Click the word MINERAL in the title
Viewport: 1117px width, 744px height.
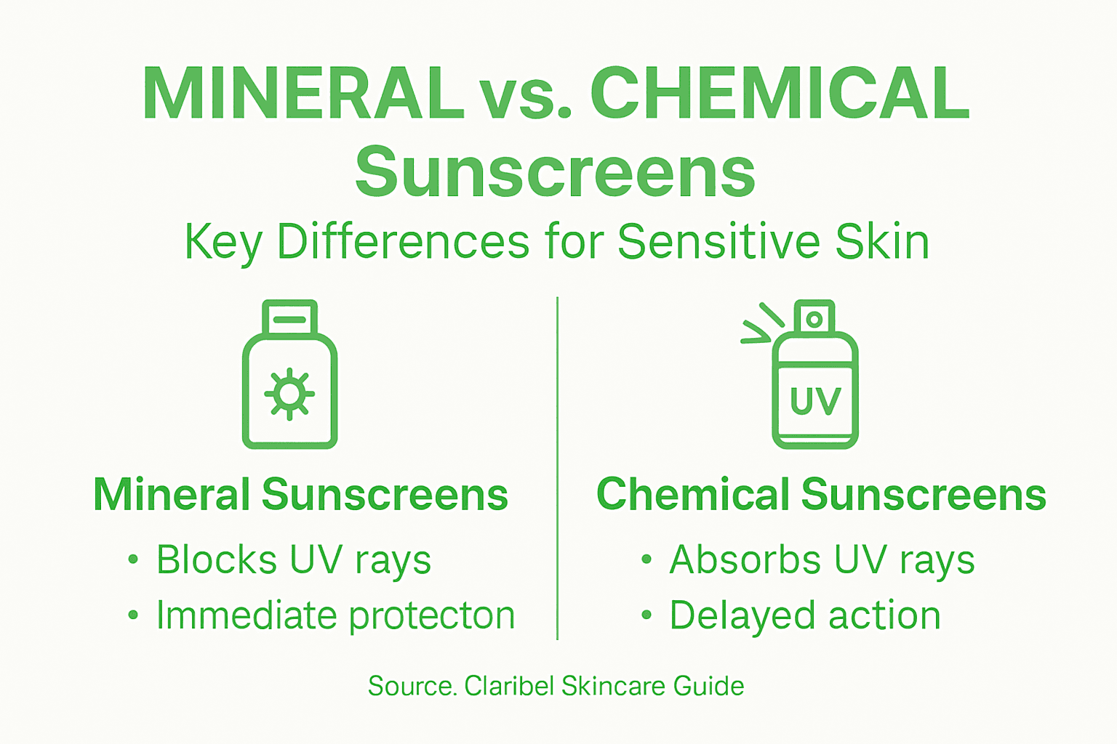tap(303, 94)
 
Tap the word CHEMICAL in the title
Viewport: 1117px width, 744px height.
tap(779, 94)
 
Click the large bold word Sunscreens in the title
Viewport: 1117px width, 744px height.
tap(555, 173)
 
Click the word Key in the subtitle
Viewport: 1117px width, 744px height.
tap(223, 243)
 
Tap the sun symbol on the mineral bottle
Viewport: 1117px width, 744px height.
tap(289, 394)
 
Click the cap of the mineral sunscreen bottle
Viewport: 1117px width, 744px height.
tap(290, 318)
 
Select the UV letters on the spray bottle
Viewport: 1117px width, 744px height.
tap(815, 401)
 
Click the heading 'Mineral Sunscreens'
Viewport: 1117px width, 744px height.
tap(300, 495)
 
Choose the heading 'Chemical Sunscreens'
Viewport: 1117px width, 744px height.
tap(821, 495)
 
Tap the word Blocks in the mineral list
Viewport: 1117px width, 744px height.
tap(217, 560)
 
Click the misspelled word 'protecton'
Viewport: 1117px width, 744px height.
tap(432, 616)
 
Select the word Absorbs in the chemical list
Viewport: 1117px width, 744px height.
tap(745, 560)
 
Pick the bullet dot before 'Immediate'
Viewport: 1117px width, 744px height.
tap(132, 615)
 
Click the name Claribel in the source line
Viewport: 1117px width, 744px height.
tap(509, 686)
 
